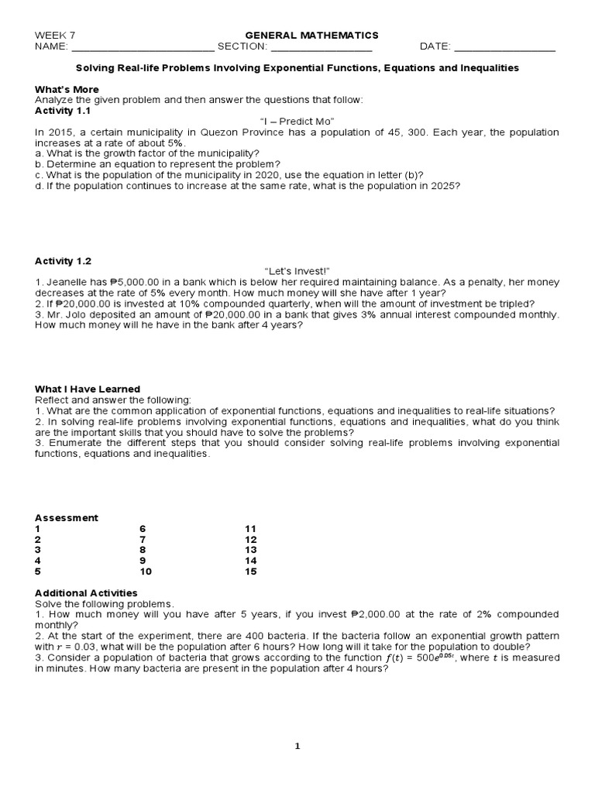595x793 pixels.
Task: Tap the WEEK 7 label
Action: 55,35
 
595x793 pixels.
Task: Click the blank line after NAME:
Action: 143,46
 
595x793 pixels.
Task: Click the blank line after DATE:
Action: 504,46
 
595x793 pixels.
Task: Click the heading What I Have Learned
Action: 88,389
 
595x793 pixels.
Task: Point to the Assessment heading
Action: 67,517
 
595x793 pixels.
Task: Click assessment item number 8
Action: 142,550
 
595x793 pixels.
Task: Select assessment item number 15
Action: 250,572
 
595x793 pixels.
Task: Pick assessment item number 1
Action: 37,528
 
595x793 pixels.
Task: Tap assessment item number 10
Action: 145,572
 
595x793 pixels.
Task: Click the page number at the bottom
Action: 297,746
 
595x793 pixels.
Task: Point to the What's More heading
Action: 66,89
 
